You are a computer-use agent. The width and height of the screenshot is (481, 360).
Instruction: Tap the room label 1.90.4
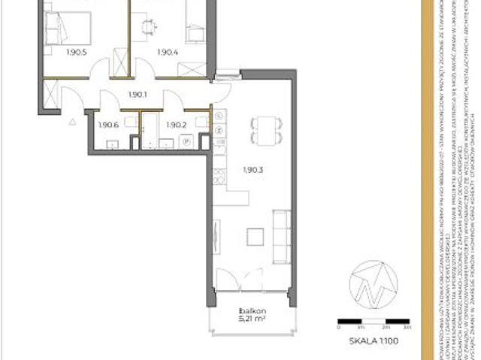coord(167,53)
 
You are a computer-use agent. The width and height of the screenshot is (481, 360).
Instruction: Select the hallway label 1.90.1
coord(137,95)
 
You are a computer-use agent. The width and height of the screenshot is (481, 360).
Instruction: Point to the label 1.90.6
coord(110,125)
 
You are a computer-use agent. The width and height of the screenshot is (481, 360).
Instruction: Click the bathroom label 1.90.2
coord(175,125)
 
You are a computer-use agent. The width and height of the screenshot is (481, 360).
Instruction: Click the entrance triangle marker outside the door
coord(72,119)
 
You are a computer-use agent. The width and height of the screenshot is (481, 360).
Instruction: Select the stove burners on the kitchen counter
coord(219,178)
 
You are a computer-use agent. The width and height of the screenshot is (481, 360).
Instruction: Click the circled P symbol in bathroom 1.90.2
coord(183,141)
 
